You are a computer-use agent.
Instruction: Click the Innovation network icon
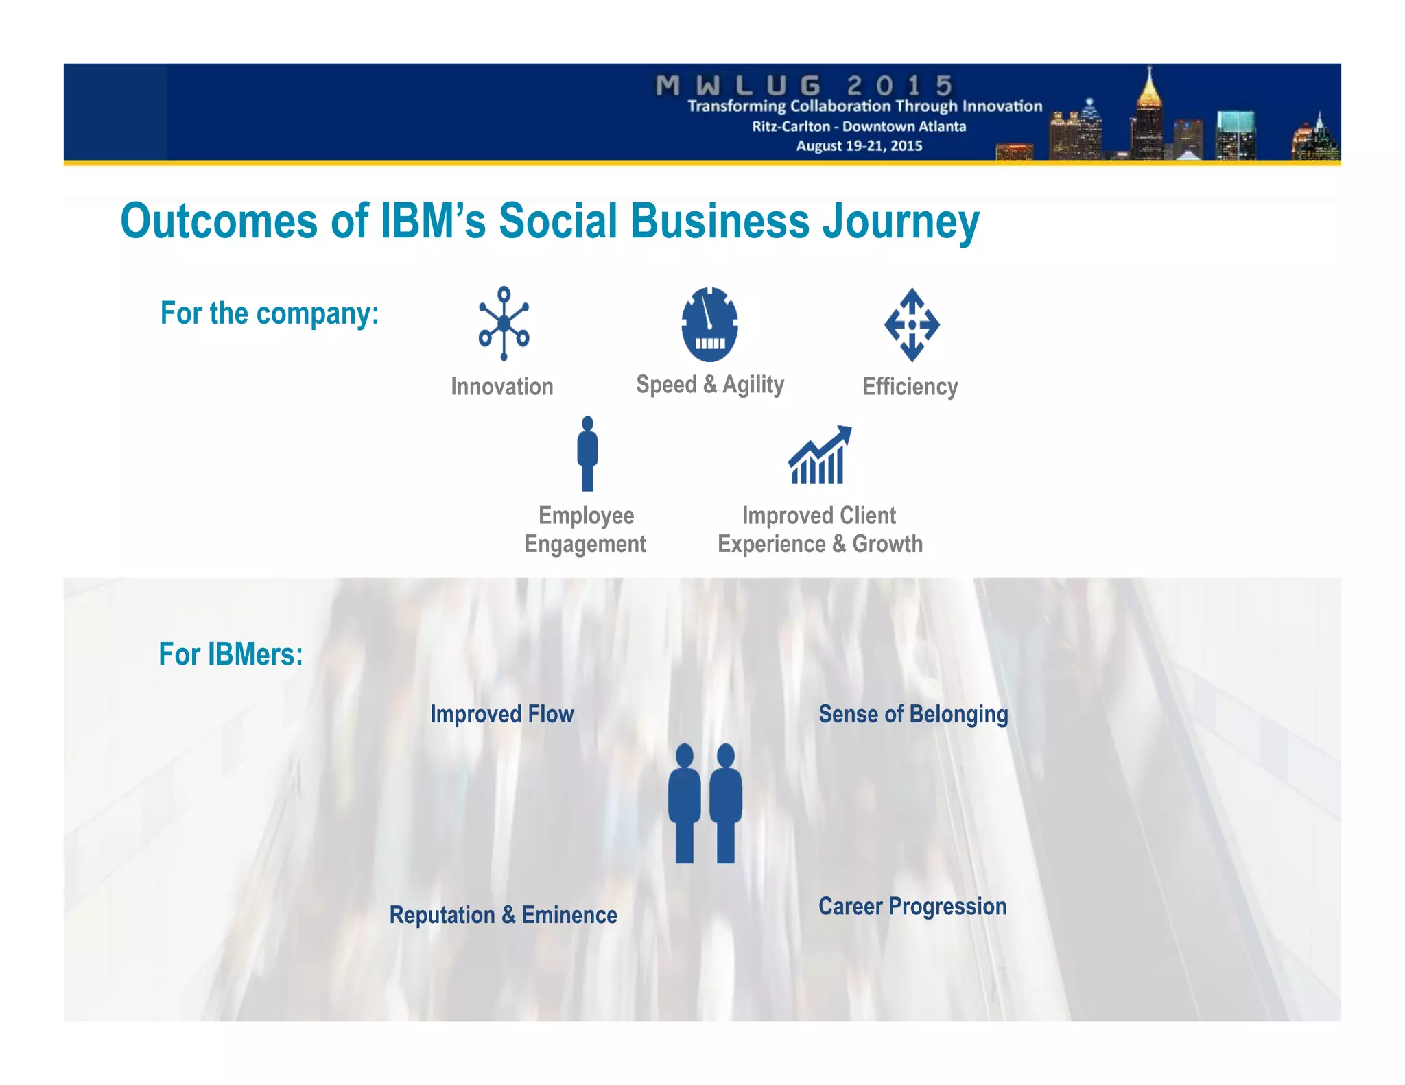(x=504, y=323)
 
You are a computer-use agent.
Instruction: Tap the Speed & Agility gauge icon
(x=709, y=324)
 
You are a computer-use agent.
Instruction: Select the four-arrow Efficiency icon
(x=911, y=324)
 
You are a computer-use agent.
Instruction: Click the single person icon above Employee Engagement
(x=587, y=453)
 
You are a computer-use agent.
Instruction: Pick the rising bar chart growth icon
(x=819, y=456)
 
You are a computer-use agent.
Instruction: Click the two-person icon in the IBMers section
(x=705, y=803)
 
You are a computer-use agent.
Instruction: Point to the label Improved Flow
(x=501, y=714)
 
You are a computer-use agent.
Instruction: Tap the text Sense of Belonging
(x=913, y=714)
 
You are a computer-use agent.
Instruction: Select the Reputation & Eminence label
(x=503, y=915)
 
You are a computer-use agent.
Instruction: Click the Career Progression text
(x=912, y=906)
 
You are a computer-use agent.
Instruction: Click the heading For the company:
(x=270, y=313)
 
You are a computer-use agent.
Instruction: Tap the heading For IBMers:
(x=231, y=654)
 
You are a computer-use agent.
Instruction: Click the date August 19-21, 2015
(x=859, y=145)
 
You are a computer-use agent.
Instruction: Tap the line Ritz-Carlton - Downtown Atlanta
(x=859, y=126)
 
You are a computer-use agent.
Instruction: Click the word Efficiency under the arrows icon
(x=910, y=387)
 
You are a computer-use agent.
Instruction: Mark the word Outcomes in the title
(x=219, y=222)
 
